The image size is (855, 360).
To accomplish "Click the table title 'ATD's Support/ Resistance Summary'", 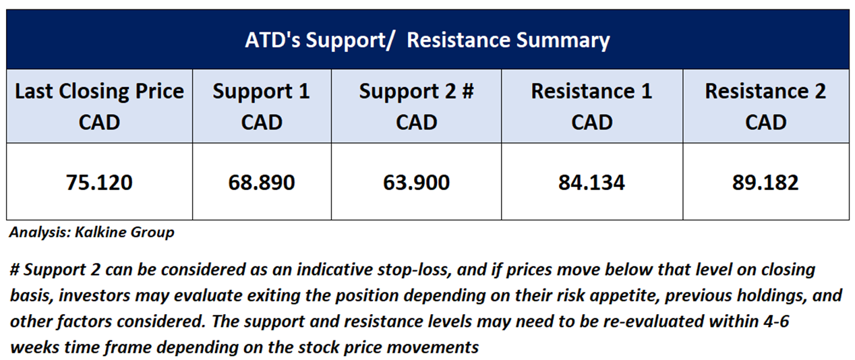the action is (427, 40).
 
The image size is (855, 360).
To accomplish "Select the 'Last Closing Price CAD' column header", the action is (99, 107).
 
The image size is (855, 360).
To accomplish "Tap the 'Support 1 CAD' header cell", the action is (262, 107).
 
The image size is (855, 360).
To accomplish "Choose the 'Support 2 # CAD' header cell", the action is (416, 107).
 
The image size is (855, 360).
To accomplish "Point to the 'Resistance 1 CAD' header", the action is (591, 107).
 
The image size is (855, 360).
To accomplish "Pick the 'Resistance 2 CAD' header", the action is (765, 107).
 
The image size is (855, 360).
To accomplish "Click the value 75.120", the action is (99, 183).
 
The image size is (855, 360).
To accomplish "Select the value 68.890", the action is (262, 183).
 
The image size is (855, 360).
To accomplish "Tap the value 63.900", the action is (416, 183).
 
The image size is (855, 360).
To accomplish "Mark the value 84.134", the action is (591, 183).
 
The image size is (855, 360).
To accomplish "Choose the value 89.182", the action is (765, 183).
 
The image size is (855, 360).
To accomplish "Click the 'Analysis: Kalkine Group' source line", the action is (92, 233).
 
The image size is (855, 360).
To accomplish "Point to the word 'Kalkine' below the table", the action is (100, 232).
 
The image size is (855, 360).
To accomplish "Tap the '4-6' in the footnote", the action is (776, 322).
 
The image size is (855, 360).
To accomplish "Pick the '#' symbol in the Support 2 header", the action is (467, 91).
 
